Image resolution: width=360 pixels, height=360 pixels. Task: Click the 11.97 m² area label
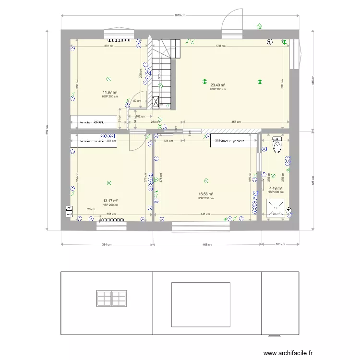[x=110, y=92]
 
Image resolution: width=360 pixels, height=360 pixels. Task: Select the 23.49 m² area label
[x=218, y=85]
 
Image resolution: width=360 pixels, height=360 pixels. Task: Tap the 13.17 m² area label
[x=110, y=201]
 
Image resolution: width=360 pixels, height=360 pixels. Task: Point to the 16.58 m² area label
[x=205, y=194]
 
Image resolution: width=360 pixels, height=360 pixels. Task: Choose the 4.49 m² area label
[x=275, y=188]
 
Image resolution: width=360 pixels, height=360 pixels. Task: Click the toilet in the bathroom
[x=277, y=144]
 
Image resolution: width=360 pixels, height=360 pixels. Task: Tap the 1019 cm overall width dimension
[x=180, y=16]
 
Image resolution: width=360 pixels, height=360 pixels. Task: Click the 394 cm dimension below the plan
[x=107, y=245]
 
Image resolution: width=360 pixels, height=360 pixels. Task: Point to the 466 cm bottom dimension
[x=207, y=245]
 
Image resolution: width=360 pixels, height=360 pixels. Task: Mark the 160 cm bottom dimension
[x=280, y=245]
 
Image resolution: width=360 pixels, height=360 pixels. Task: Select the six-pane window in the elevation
[x=111, y=298]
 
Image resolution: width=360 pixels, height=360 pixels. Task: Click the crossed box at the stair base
[x=156, y=102]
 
